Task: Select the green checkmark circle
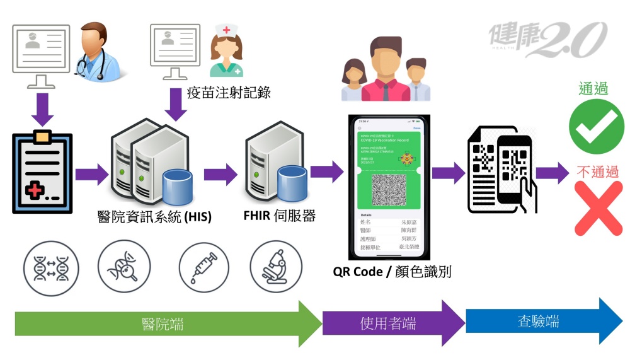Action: coord(592,127)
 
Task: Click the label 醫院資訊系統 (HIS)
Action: coord(155,218)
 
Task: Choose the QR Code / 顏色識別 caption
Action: coord(392,272)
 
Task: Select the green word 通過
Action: coord(593,89)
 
